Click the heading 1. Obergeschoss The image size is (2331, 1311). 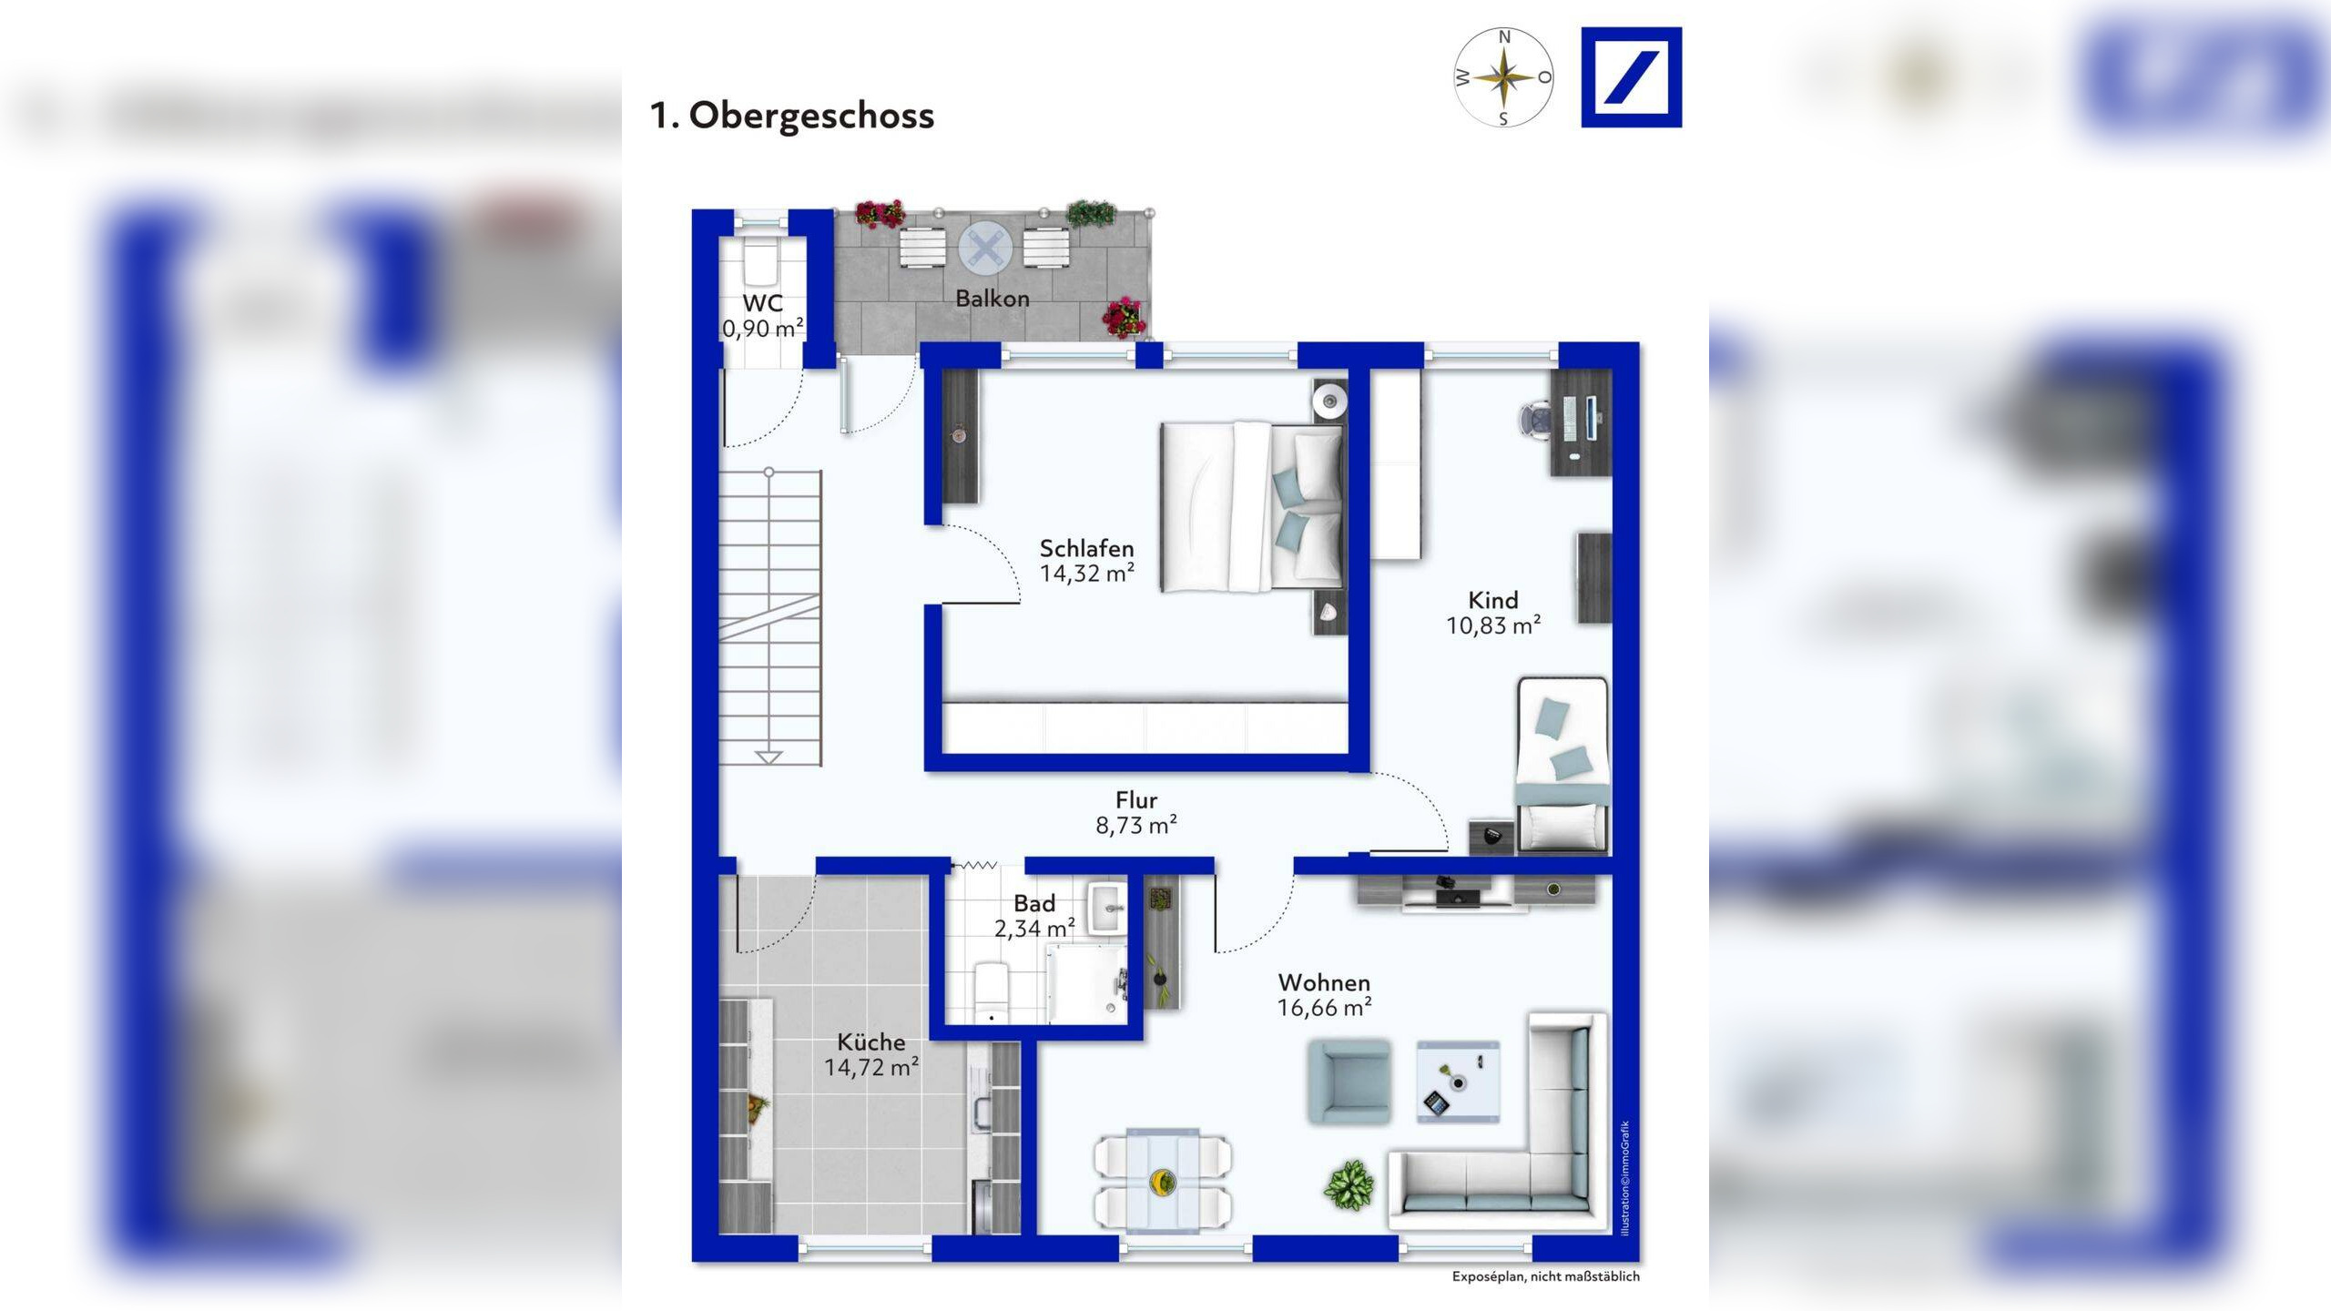click(791, 116)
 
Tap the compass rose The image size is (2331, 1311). click(1503, 77)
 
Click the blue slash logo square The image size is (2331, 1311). click(1632, 77)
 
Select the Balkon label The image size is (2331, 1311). click(992, 298)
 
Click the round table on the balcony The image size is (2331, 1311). click(985, 248)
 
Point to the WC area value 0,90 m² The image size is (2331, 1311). click(763, 328)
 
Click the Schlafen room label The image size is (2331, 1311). click(1087, 548)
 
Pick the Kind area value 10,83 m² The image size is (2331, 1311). click(1493, 625)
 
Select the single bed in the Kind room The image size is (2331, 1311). click(1562, 765)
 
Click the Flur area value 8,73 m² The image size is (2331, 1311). click(1136, 825)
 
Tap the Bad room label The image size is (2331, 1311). click(1034, 903)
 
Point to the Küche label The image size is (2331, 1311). click(871, 1042)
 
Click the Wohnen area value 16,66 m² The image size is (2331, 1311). click(1325, 1008)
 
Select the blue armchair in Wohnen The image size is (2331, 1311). click(1349, 1082)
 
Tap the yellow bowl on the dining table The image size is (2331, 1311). click(1163, 1182)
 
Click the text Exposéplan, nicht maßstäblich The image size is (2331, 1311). click(1545, 1276)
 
